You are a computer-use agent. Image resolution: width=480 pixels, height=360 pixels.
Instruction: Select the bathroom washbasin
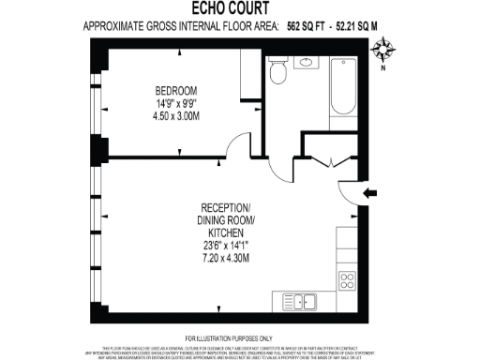[307, 64]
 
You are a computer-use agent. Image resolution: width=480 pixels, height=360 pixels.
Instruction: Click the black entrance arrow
[371, 194]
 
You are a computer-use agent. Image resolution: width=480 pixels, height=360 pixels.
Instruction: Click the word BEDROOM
[176, 91]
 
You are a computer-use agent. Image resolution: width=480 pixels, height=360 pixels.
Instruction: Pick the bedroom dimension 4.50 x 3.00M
[176, 116]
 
